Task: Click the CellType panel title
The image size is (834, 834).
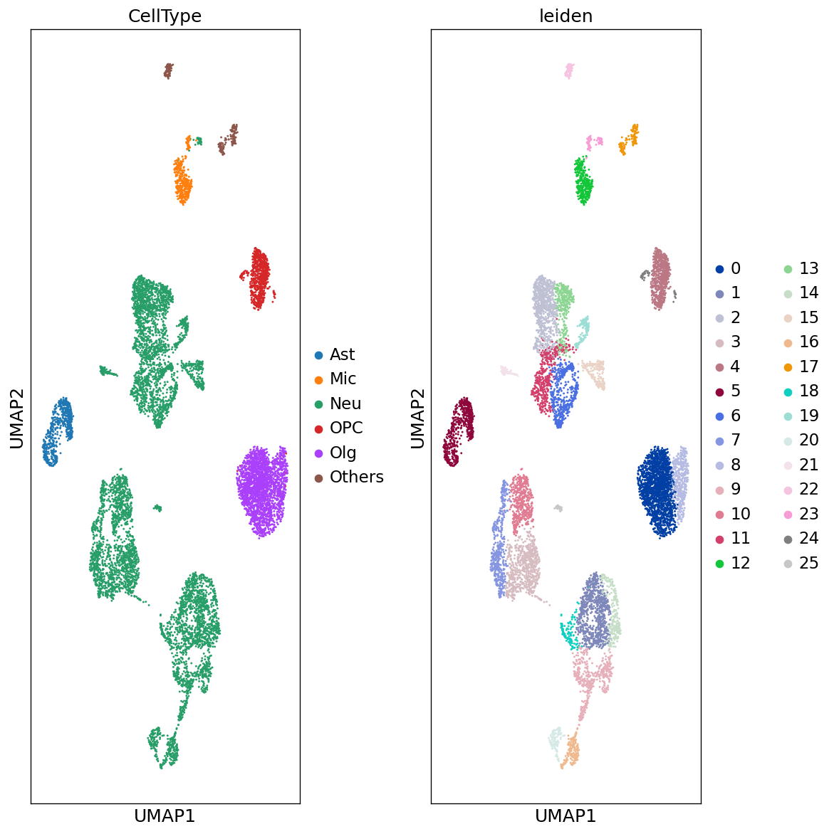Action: (165, 16)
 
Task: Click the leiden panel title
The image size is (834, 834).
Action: (565, 16)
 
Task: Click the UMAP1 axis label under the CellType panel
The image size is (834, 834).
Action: (165, 815)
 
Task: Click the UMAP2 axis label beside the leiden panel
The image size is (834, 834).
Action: (418, 418)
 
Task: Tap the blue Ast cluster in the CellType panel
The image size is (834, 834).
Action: (57, 431)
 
